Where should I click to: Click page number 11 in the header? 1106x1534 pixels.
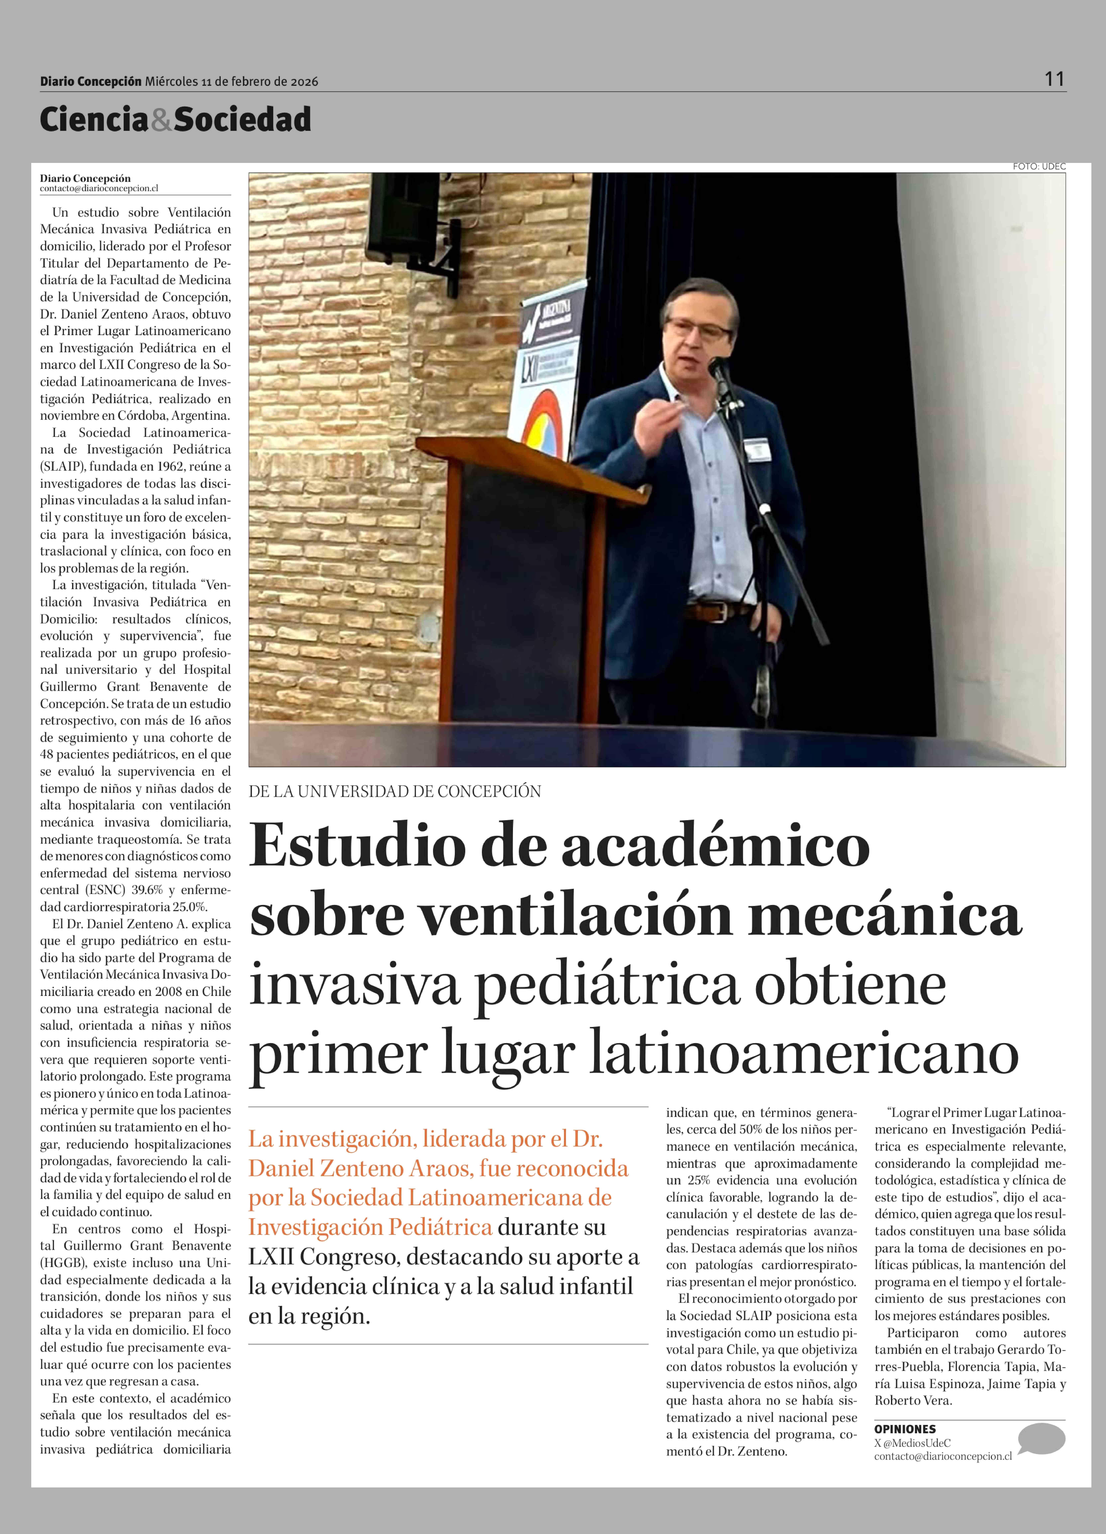(x=1054, y=79)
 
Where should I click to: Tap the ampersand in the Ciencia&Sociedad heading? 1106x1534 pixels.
(x=161, y=120)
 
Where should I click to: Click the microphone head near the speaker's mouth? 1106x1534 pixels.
(x=717, y=367)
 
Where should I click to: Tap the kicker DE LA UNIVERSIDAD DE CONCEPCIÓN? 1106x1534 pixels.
(x=395, y=791)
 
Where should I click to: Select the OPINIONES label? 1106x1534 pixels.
(x=905, y=1429)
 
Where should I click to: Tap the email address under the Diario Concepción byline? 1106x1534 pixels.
(x=99, y=189)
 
